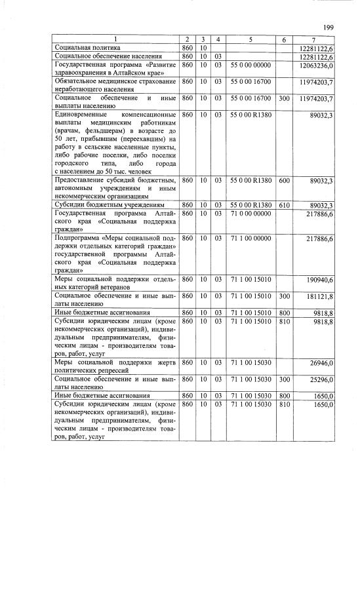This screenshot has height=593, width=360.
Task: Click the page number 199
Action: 329,27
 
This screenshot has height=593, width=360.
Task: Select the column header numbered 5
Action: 250,40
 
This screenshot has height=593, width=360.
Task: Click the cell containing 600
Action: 284,180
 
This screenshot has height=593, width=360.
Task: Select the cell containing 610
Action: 284,205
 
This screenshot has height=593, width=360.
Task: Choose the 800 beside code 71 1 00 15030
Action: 284,396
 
